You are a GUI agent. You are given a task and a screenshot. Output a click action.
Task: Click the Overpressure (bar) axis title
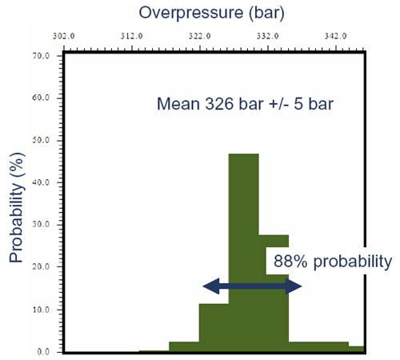[211, 13]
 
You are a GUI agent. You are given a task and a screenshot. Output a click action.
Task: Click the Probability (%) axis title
[17, 207]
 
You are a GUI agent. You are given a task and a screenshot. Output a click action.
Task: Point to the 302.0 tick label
[63, 36]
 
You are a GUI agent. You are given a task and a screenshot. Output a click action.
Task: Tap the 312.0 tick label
[131, 36]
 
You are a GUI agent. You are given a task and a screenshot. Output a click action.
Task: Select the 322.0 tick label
[200, 36]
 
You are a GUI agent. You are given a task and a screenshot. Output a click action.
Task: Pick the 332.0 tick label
[268, 36]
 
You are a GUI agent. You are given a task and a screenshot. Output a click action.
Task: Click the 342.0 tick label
[336, 36]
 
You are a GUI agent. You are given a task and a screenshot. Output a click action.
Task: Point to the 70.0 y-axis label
[41, 56]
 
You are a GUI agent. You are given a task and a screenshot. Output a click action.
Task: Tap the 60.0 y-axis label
[41, 98]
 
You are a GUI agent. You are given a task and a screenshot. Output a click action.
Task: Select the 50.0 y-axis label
[41, 140]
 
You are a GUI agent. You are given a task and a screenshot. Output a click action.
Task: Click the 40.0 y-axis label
[41, 182]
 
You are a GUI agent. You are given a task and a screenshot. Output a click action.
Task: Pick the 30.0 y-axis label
[41, 225]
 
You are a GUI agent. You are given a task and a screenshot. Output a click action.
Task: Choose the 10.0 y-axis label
[41, 310]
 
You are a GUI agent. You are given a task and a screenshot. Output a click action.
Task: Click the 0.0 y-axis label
[43, 352]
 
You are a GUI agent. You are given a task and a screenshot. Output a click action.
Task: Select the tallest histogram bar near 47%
[244, 253]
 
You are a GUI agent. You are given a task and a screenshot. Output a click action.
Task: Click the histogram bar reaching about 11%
[214, 328]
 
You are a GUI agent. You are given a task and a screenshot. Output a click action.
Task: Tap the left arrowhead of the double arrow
[211, 286]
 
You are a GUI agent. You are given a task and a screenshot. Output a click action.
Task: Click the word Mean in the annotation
[178, 104]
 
